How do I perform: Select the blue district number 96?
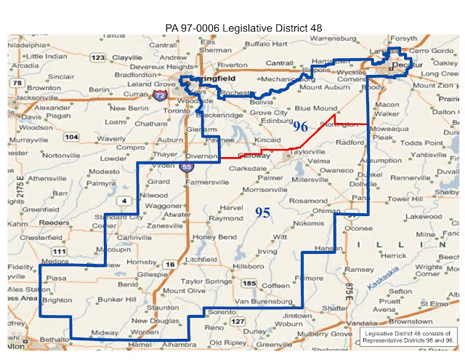[301, 126]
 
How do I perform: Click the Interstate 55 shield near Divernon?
[187, 167]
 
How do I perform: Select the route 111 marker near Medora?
[59, 251]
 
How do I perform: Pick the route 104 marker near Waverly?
[71, 136]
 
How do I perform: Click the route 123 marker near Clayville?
[98, 57]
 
